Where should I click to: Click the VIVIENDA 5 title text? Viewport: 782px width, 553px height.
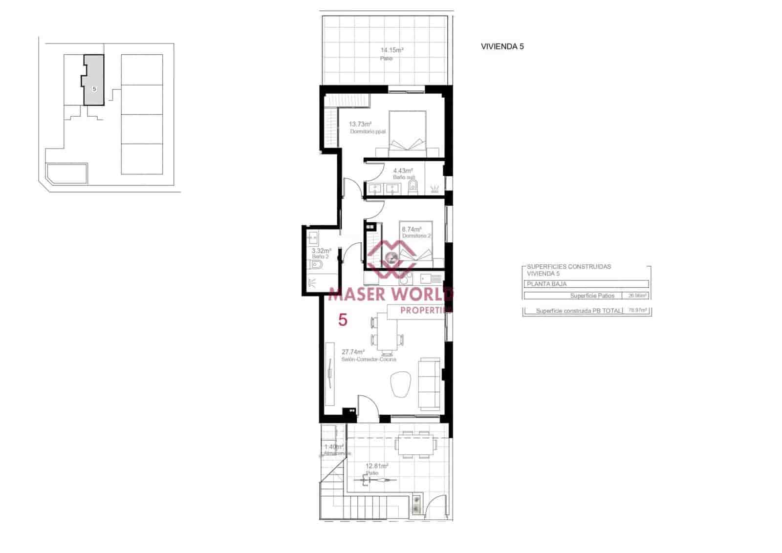click(502, 47)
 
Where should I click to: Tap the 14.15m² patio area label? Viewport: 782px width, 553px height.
click(391, 50)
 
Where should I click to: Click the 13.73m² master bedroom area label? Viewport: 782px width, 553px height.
click(360, 124)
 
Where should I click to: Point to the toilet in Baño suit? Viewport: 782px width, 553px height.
click(413, 186)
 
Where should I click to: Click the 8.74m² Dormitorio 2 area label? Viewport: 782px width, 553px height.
click(411, 229)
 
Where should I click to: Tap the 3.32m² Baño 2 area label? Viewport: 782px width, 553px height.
click(321, 251)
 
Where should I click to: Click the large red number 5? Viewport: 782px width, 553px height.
click(343, 320)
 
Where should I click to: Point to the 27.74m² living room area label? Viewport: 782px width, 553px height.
click(353, 352)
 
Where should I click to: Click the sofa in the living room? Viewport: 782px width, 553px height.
click(430, 383)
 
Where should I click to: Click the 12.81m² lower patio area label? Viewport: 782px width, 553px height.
click(377, 466)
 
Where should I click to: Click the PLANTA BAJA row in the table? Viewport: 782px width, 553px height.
click(586, 284)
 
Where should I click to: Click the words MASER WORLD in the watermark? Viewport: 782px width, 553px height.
click(391, 294)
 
